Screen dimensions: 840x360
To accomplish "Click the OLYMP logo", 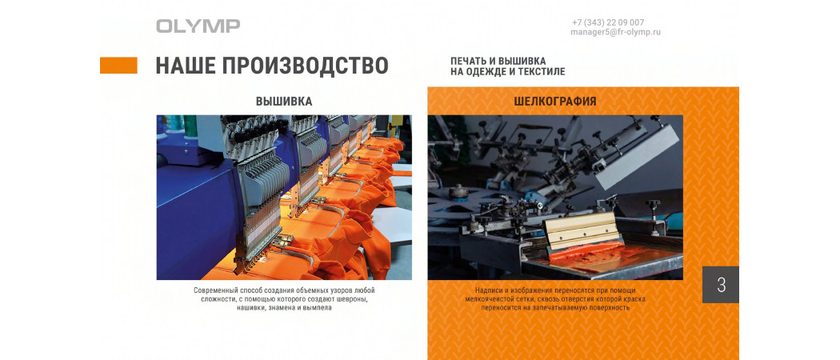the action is (198, 26).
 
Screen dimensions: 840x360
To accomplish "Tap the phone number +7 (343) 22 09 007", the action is (608, 22).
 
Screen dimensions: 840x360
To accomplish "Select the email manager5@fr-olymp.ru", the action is (615, 32).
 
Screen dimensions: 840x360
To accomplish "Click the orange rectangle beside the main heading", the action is (118, 66).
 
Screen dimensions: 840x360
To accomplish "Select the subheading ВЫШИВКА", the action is (284, 102).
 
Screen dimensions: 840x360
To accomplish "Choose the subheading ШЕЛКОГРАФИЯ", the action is (555, 102).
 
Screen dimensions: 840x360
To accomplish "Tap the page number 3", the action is (721, 285).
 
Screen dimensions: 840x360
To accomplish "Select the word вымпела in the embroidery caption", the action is (318, 308).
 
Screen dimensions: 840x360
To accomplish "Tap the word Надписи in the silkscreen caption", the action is (489, 290).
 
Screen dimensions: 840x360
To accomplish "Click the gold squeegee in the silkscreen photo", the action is (574, 230).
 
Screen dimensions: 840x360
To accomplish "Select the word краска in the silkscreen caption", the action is (634, 299).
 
